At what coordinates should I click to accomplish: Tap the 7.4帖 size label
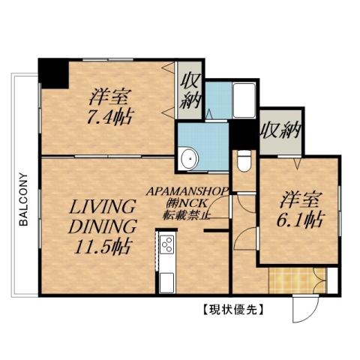109,117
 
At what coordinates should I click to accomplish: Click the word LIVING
103,205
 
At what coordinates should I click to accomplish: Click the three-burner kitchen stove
166,244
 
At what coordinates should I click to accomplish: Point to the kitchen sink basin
166,281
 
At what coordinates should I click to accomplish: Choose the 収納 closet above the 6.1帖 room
280,132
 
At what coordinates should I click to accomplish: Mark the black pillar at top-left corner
52,70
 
